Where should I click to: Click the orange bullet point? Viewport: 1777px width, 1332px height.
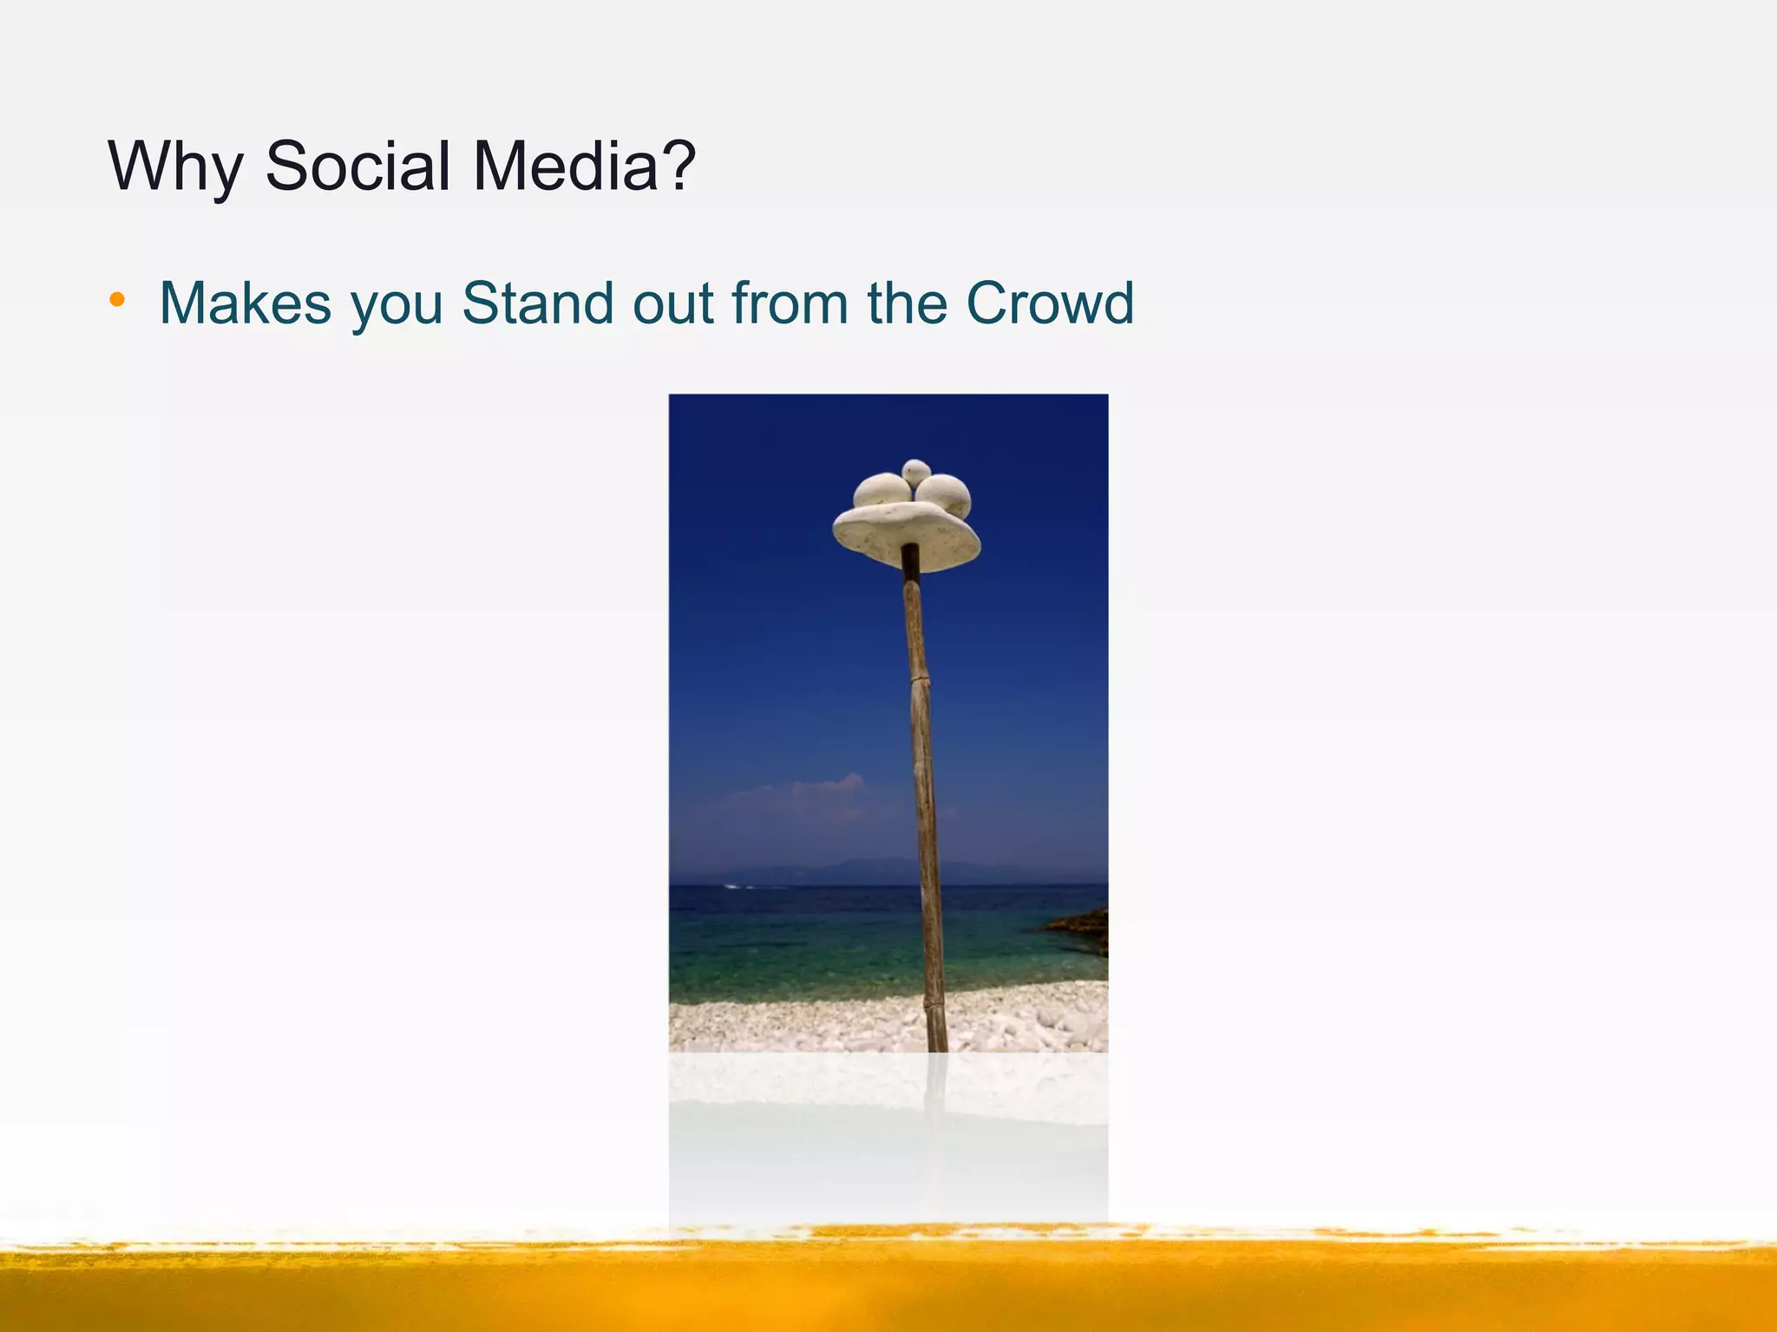[117, 301]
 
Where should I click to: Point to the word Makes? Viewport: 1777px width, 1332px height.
[246, 304]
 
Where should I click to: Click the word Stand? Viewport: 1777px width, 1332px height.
[540, 304]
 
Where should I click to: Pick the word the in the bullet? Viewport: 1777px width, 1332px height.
[908, 304]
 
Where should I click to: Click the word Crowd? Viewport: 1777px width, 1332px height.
[1049, 304]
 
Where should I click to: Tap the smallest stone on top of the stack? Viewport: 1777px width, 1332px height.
[916, 472]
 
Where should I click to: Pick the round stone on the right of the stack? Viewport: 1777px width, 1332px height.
[945, 494]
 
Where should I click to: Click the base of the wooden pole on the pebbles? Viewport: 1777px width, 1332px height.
[937, 1036]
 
